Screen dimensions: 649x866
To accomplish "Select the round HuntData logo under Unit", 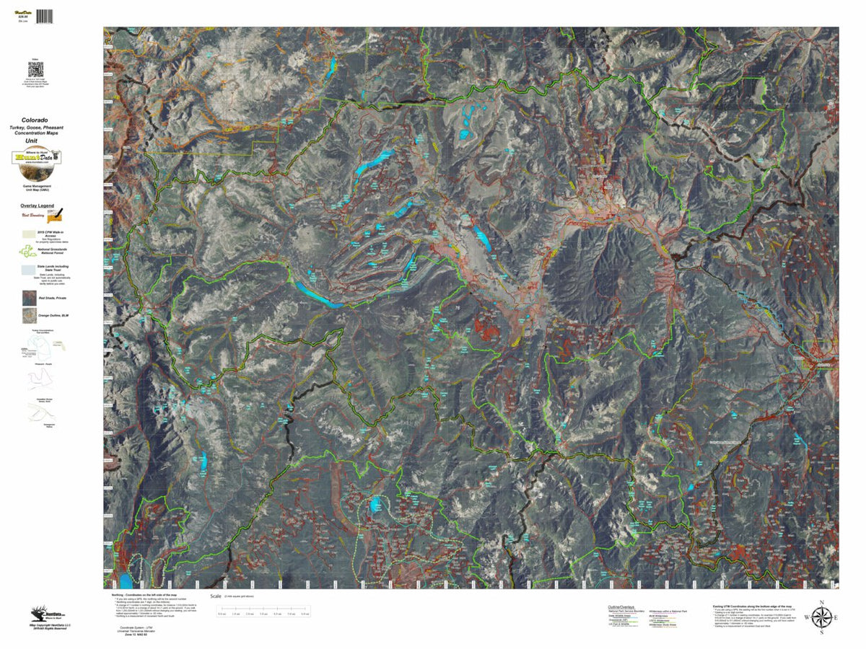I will click(x=38, y=160).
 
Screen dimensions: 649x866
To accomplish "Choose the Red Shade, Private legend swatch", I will click(x=29, y=296).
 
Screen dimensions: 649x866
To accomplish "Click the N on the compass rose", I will click(x=821, y=602).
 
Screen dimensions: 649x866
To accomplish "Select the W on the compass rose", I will click(x=806, y=618).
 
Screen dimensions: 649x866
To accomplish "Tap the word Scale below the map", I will click(x=215, y=597).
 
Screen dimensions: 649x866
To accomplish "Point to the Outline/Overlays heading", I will click(x=620, y=608).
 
